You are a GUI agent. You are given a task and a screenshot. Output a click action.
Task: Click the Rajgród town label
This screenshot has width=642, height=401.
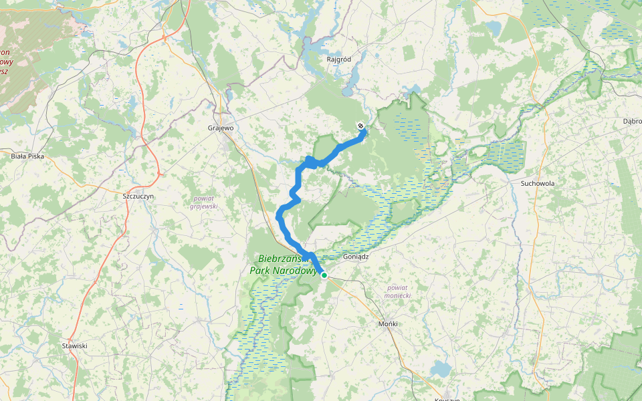(x=339, y=59)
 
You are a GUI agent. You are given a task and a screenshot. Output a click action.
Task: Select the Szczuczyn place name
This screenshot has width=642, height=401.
(x=139, y=196)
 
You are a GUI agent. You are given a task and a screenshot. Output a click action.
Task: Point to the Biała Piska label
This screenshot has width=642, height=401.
(x=27, y=156)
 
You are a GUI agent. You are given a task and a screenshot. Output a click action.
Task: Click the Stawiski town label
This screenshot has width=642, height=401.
(x=75, y=346)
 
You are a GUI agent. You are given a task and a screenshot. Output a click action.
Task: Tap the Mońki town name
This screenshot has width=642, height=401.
(x=388, y=323)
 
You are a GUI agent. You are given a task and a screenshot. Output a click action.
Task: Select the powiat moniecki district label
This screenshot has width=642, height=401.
(x=398, y=291)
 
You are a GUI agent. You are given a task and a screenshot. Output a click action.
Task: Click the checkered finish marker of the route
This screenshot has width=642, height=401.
(x=361, y=126)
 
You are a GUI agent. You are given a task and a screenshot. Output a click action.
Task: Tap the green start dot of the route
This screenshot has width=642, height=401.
(x=324, y=275)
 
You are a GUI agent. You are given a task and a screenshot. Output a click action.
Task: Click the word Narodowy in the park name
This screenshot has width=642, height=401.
(x=292, y=271)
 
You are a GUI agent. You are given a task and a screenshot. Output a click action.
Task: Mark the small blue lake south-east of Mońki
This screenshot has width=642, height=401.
(x=440, y=368)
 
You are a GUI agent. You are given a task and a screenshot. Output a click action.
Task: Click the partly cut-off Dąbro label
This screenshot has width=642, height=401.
(x=632, y=121)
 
